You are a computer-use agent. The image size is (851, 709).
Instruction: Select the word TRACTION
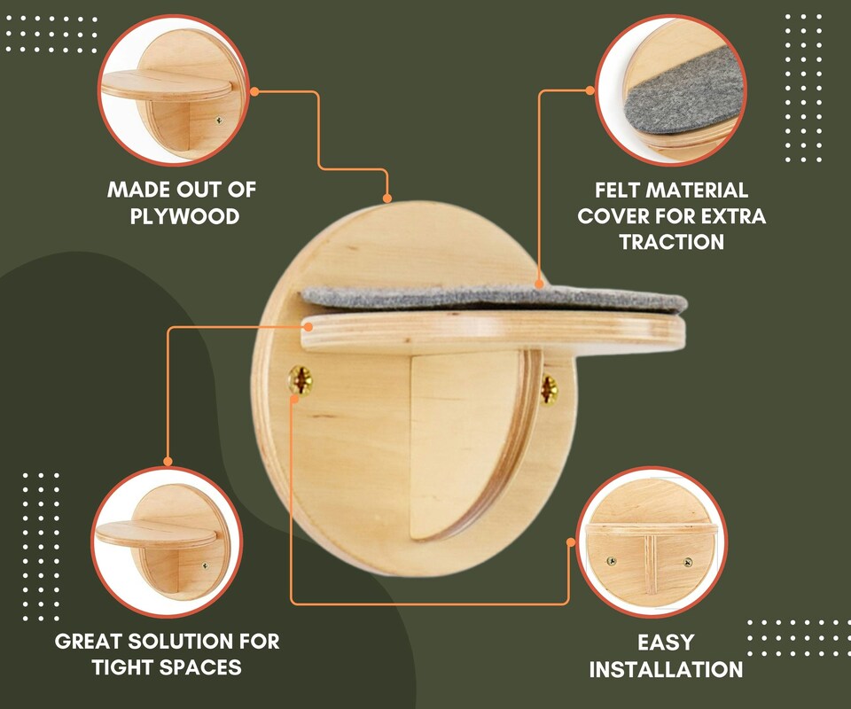[x=672, y=242]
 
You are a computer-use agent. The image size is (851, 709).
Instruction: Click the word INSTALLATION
[x=666, y=669]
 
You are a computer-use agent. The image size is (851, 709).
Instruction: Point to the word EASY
[x=666, y=642]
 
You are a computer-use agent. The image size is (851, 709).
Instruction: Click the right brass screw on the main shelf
[x=549, y=387]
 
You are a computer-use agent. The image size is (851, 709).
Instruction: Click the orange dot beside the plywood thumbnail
[x=254, y=90]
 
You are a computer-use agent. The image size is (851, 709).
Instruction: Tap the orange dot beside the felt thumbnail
[x=590, y=90]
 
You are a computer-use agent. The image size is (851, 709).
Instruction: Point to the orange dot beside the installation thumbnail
[x=572, y=541]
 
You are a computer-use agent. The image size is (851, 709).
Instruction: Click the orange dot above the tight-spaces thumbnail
[x=168, y=461]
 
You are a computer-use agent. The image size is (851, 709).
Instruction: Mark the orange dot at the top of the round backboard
[x=386, y=198]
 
